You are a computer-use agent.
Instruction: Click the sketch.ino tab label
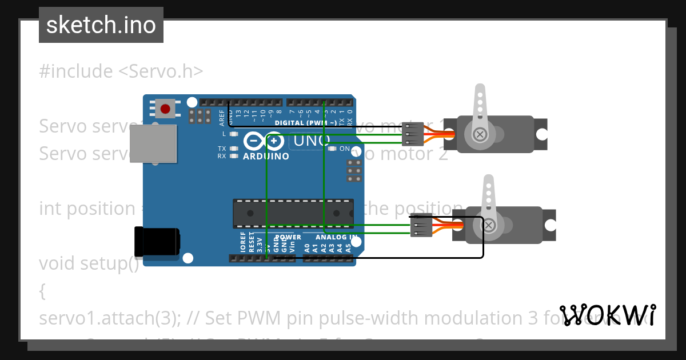[x=101, y=25]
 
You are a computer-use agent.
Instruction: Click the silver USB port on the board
[x=153, y=143]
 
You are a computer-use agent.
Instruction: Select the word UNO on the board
[x=312, y=140]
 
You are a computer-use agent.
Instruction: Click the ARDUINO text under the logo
[x=266, y=156]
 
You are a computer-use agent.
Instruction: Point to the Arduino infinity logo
[x=264, y=141]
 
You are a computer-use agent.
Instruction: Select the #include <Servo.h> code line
[x=121, y=71]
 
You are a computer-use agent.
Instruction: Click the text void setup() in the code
[x=89, y=263]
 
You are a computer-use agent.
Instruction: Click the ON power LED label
[x=345, y=149]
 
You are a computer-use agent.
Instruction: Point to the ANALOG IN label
[x=336, y=237]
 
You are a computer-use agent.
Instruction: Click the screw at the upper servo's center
[x=481, y=134]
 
